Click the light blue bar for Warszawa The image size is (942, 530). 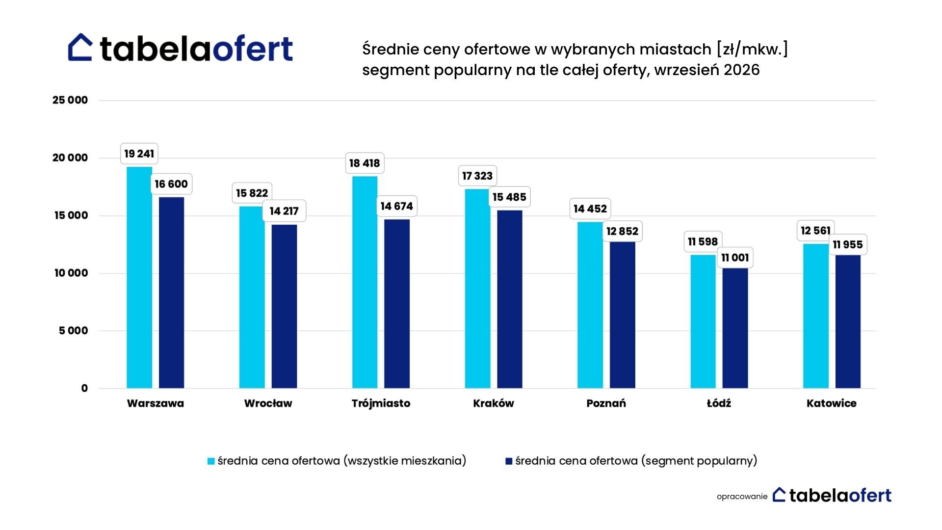(x=139, y=277)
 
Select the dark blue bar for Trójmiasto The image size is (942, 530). (x=397, y=304)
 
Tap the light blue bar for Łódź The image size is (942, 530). (x=703, y=321)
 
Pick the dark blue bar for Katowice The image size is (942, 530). (x=848, y=321)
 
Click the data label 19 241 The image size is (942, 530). (x=139, y=154)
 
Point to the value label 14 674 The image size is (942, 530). (x=396, y=206)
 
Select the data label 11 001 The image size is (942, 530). (x=735, y=258)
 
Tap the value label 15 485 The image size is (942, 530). (x=509, y=197)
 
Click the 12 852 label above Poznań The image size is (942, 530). (x=622, y=231)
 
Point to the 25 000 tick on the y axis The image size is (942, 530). (x=70, y=100)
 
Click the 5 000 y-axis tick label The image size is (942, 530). (x=74, y=331)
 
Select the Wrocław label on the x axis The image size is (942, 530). (x=268, y=403)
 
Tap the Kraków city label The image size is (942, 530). (x=494, y=403)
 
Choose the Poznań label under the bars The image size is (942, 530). (x=606, y=403)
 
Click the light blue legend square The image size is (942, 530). (x=211, y=461)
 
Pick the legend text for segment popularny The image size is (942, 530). (x=636, y=461)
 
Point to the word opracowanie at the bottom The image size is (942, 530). (x=742, y=497)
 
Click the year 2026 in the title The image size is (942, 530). (x=741, y=70)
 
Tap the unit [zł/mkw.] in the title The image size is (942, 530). (x=752, y=50)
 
